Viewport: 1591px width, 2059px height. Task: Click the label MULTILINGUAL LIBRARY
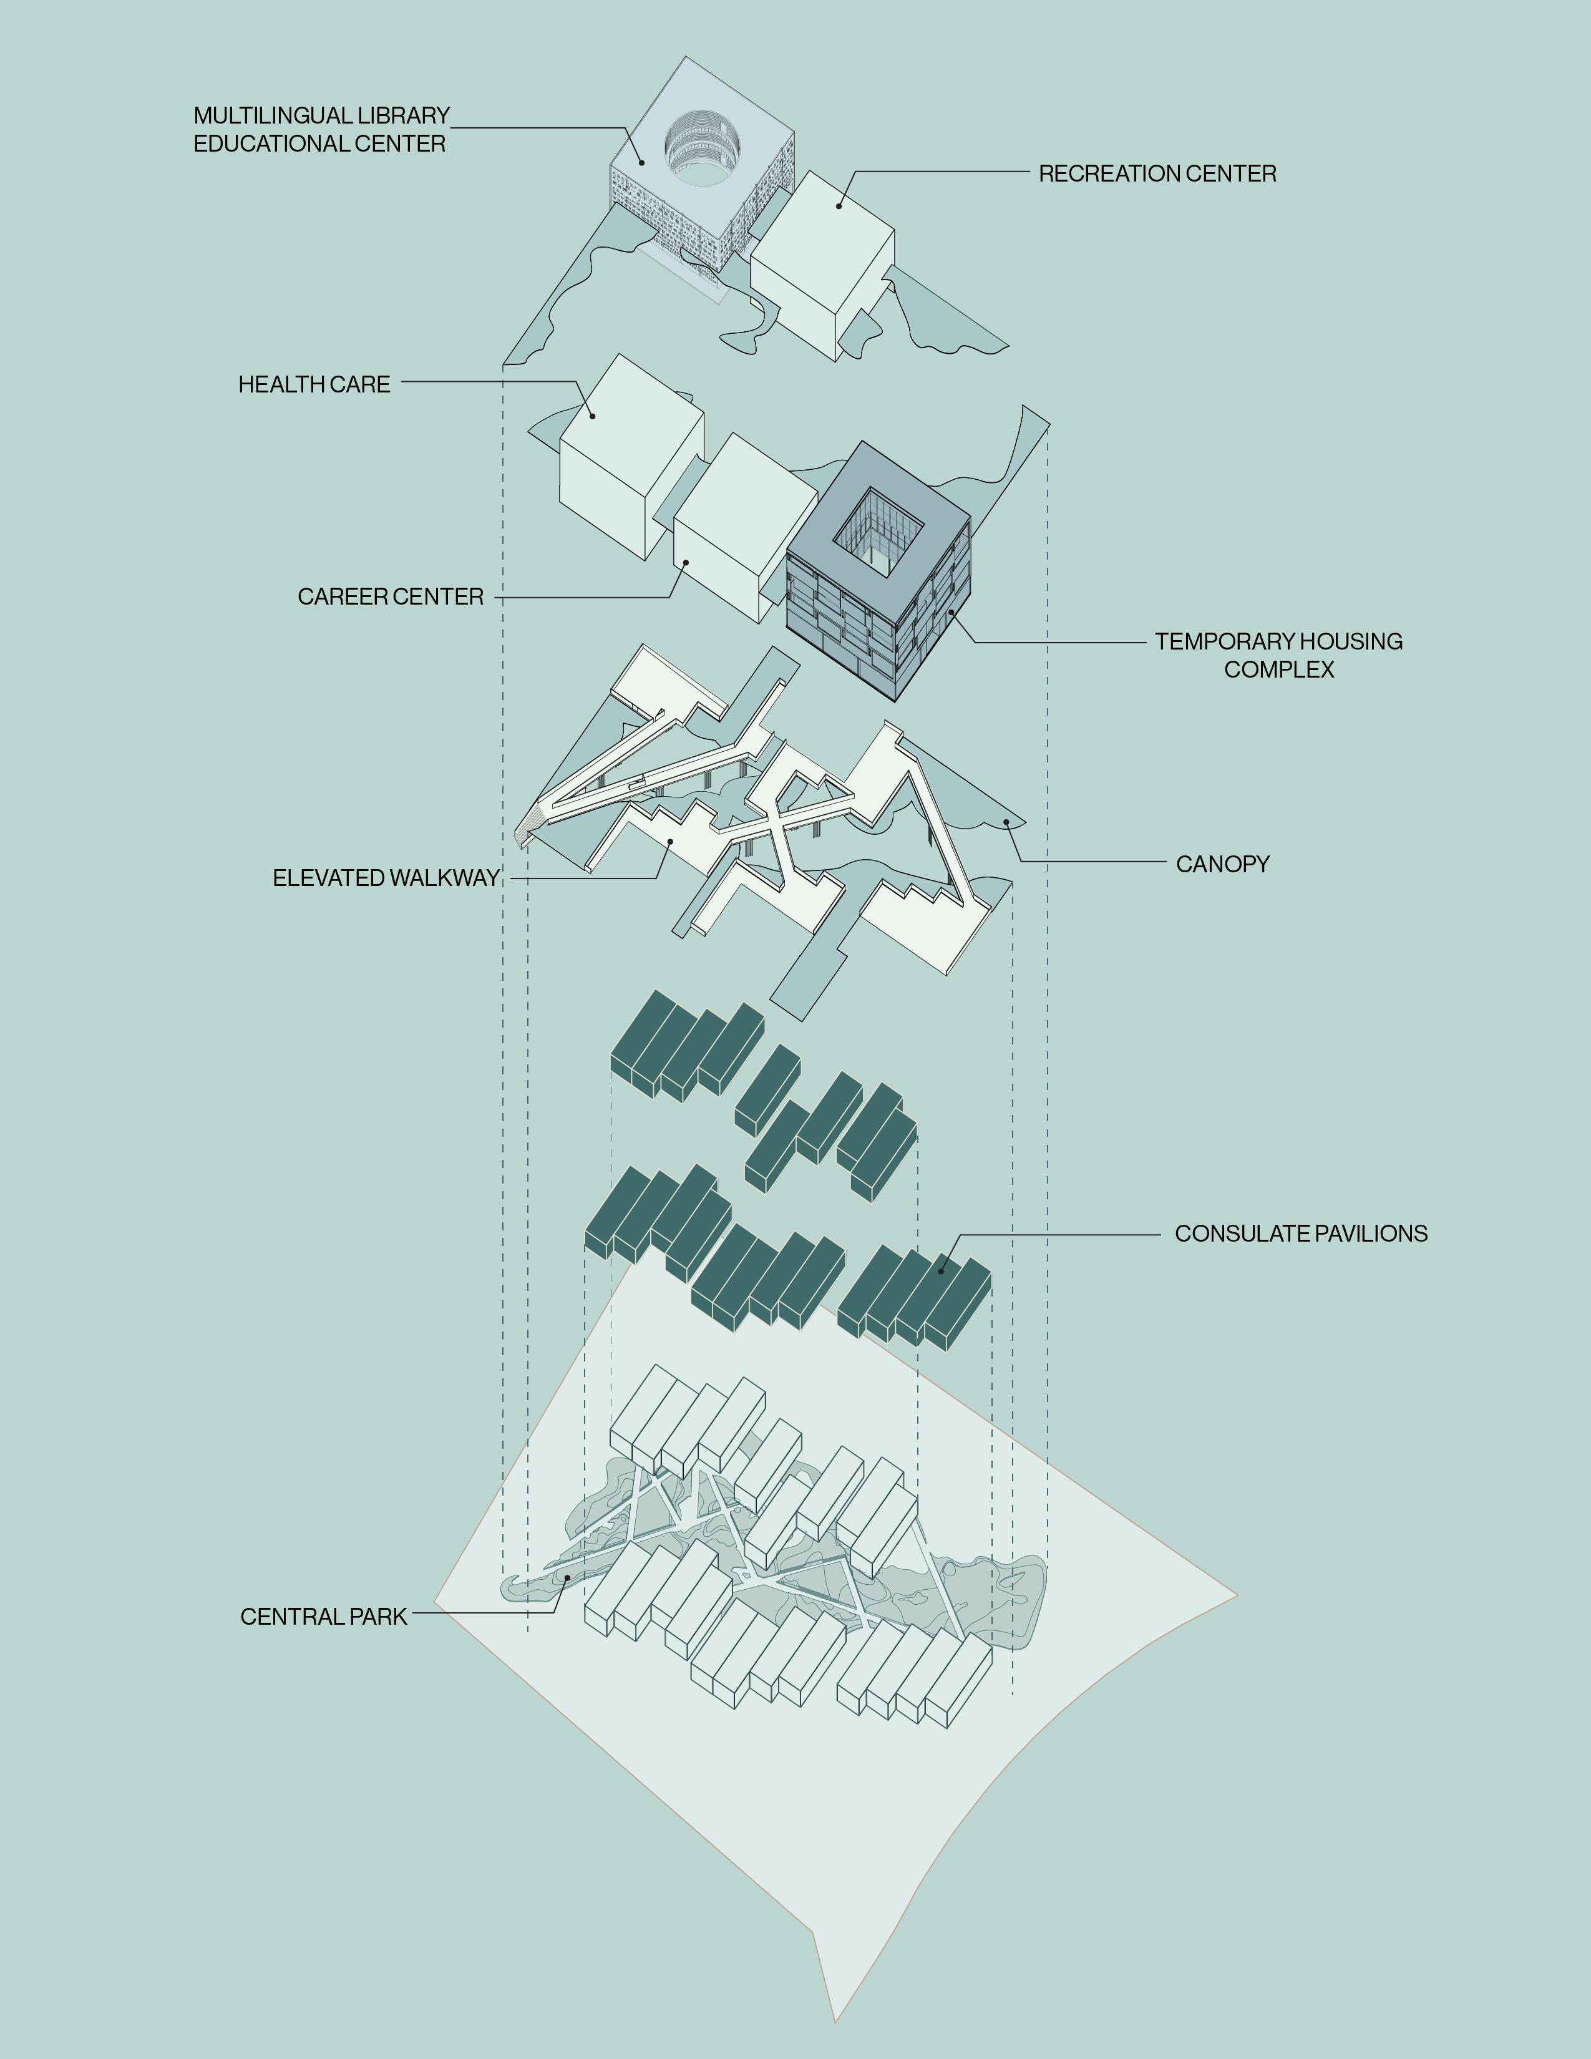321,116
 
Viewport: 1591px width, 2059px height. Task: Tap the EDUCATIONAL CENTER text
319,144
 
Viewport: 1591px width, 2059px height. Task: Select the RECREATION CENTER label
1157,173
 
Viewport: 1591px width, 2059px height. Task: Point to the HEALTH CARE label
314,384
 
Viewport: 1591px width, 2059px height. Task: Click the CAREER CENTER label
390,596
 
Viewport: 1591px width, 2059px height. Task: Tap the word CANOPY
1222,864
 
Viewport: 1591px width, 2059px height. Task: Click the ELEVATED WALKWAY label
386,878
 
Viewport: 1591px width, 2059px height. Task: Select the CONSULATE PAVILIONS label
1301,1233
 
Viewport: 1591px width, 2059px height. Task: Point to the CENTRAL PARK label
323,1616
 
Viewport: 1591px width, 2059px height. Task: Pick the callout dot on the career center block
686,563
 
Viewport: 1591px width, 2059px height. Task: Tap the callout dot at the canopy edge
1006,822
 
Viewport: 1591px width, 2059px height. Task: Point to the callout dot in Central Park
567,1575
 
